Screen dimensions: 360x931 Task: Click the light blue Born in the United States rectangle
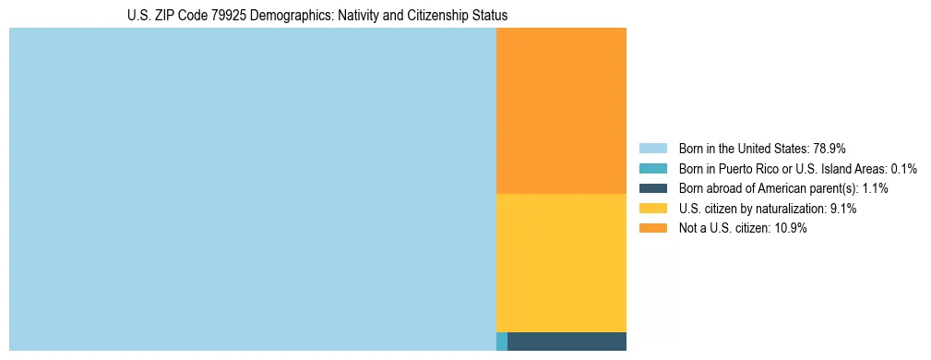pyautogui.click(x=252, y=189)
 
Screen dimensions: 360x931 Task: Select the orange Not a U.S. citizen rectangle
pyautogui.click(x=561, y=111)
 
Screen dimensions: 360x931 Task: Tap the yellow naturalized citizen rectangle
pyautogui.click(x=561, y=262)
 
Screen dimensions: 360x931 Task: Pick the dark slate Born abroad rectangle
pyautogui.click(x=567, y=342)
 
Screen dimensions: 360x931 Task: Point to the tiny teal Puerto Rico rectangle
pyautogui.click(x=502, y=342)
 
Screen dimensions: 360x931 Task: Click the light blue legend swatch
pyautogui.click(x=652, y=149)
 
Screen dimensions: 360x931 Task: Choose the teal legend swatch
pyautogui.click(x=652, y=169)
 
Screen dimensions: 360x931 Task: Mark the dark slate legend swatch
pyautogui.click(x=652, y=188)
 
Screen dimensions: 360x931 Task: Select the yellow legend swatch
pyautogui.click(x=652, y=209)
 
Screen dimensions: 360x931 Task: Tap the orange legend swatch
pyautogui.click(x=652, y=229)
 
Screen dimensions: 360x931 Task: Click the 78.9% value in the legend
pyautogui.click(x=829, y=149)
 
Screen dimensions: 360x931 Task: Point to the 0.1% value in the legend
pyautogui.click(x=903, y=169)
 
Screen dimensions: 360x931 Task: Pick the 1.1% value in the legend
pyautogui.click(x=874, y=188)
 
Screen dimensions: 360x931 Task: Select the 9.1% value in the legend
pyautogui.click(x=843, y=209)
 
